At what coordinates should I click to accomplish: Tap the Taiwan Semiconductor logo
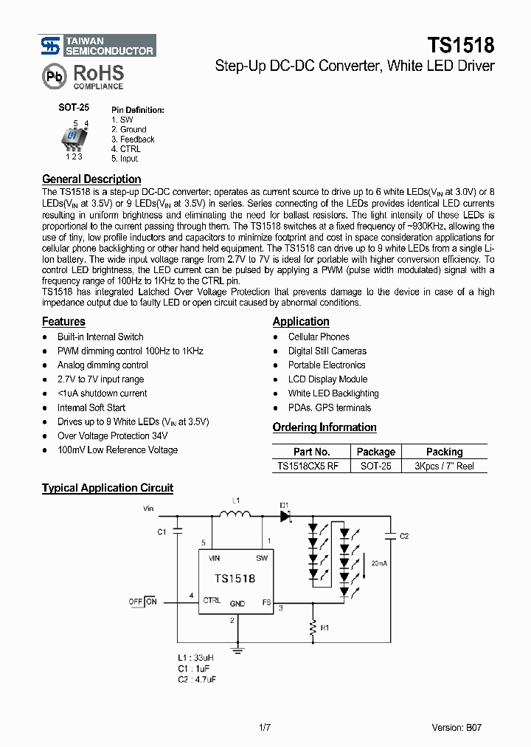tap(97, 45)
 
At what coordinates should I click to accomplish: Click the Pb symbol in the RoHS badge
tap(53, 76)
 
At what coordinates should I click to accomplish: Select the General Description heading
tap(91, 179)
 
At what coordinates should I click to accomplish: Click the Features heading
tap(63, 321)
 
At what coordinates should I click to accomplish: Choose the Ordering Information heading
tap(324, 427)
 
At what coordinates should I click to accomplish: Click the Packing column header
tap(444, 452)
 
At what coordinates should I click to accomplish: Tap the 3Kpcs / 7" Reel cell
tap(444, 466)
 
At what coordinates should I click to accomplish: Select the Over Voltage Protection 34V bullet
tap(117, 436)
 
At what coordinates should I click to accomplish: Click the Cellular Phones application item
tap(319, 337)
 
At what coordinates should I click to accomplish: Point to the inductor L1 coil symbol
tap(236, 514)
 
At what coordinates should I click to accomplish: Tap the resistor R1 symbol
tap(312, 628)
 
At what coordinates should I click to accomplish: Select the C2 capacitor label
tap(403, 537)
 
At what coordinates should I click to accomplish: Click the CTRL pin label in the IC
tap(212, 600)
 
